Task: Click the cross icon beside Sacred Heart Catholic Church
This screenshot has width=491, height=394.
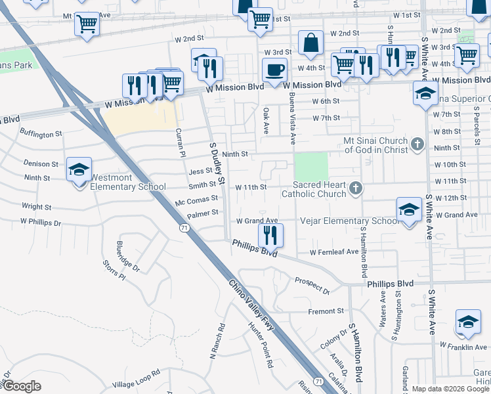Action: [356, 189]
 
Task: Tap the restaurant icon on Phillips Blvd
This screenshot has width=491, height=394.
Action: [270, 234]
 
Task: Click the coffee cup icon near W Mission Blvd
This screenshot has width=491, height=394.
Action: [274, 68]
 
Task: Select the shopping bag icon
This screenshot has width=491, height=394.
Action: [310, 43]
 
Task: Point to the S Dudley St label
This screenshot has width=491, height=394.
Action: [217, 162]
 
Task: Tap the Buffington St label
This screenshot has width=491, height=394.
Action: [41, 133]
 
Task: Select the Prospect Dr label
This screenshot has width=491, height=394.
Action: [312, 284]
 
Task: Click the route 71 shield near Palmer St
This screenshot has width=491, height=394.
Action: [184, 227]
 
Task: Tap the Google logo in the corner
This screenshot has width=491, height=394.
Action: [22, 386]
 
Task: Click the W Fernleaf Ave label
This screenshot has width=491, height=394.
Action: [335, 252]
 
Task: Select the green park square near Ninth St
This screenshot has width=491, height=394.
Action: [310, 166]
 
